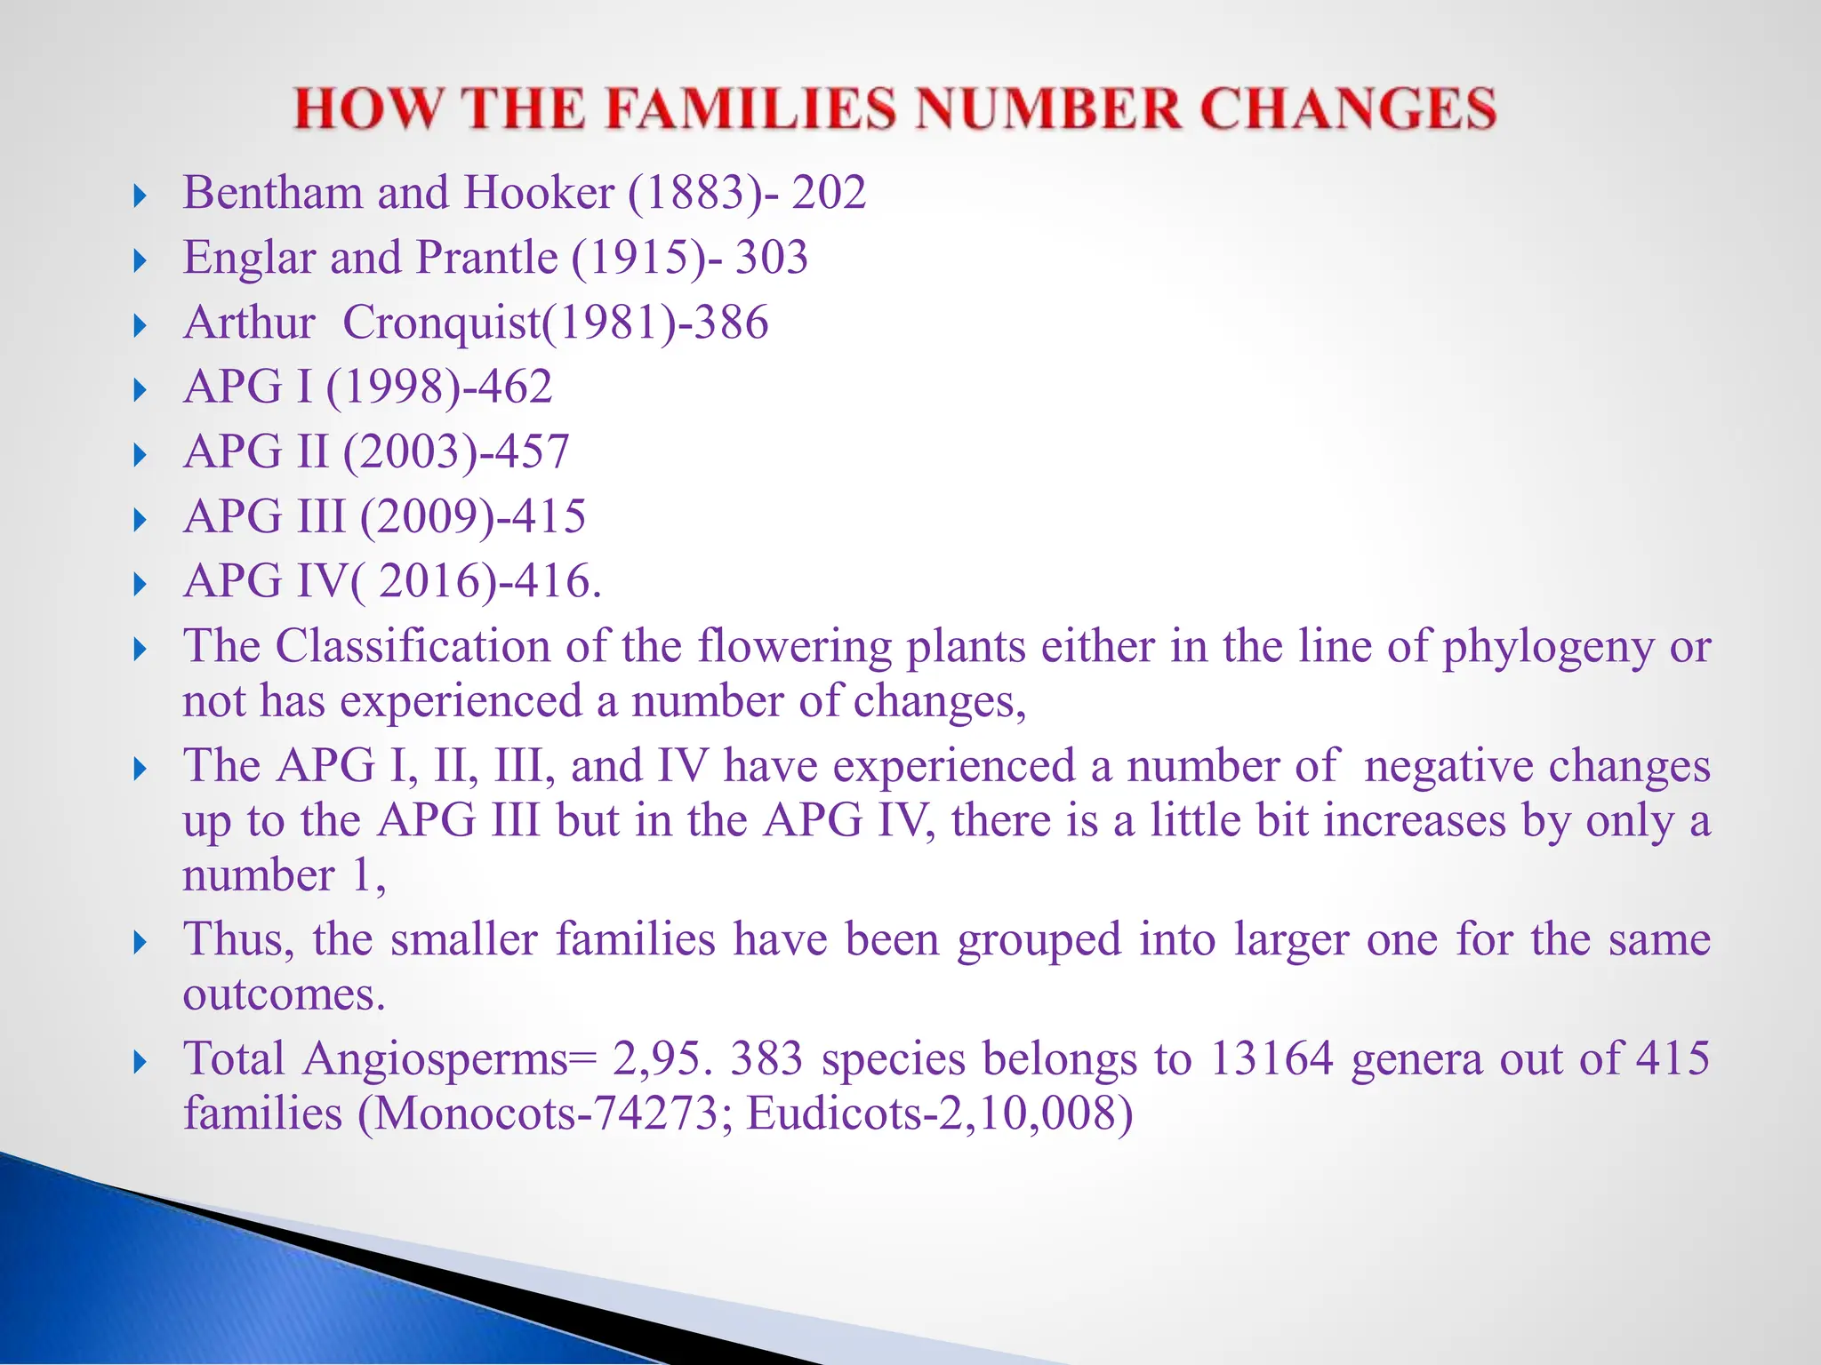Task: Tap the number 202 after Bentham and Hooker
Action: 829,193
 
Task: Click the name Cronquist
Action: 442,323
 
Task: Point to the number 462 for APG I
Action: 515,387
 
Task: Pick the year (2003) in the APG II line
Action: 413,452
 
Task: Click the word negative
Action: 1448,766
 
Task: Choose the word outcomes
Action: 284,994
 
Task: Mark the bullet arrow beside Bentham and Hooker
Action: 140,196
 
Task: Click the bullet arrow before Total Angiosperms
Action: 140,1061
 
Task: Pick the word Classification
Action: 413,646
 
